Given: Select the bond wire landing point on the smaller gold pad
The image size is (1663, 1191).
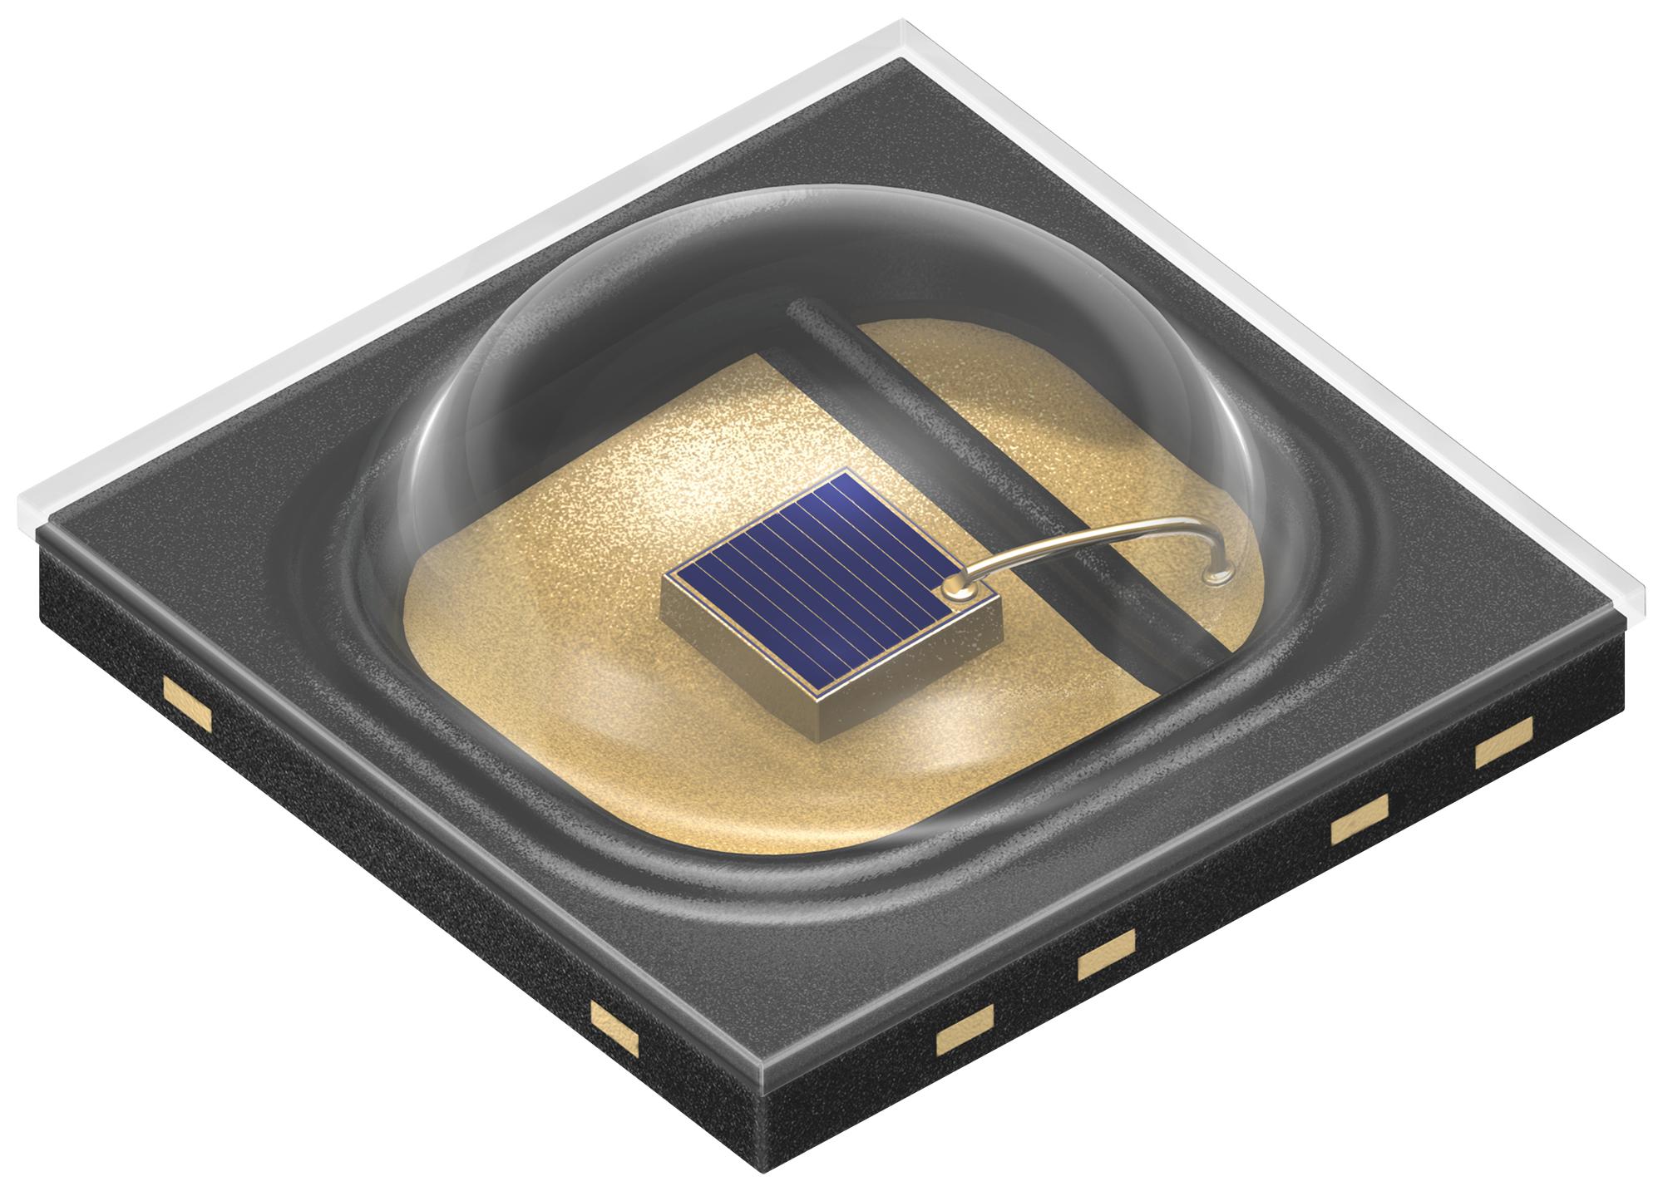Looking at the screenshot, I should coord(1219,573).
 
